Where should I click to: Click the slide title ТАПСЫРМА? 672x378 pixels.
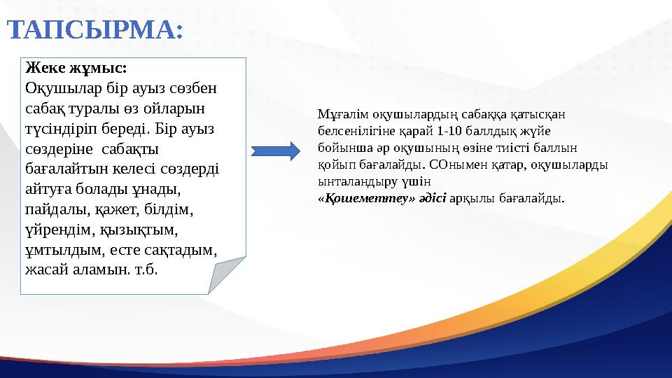(x=95, y=30)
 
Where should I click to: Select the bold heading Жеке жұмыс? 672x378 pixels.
(x=76, y=69)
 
